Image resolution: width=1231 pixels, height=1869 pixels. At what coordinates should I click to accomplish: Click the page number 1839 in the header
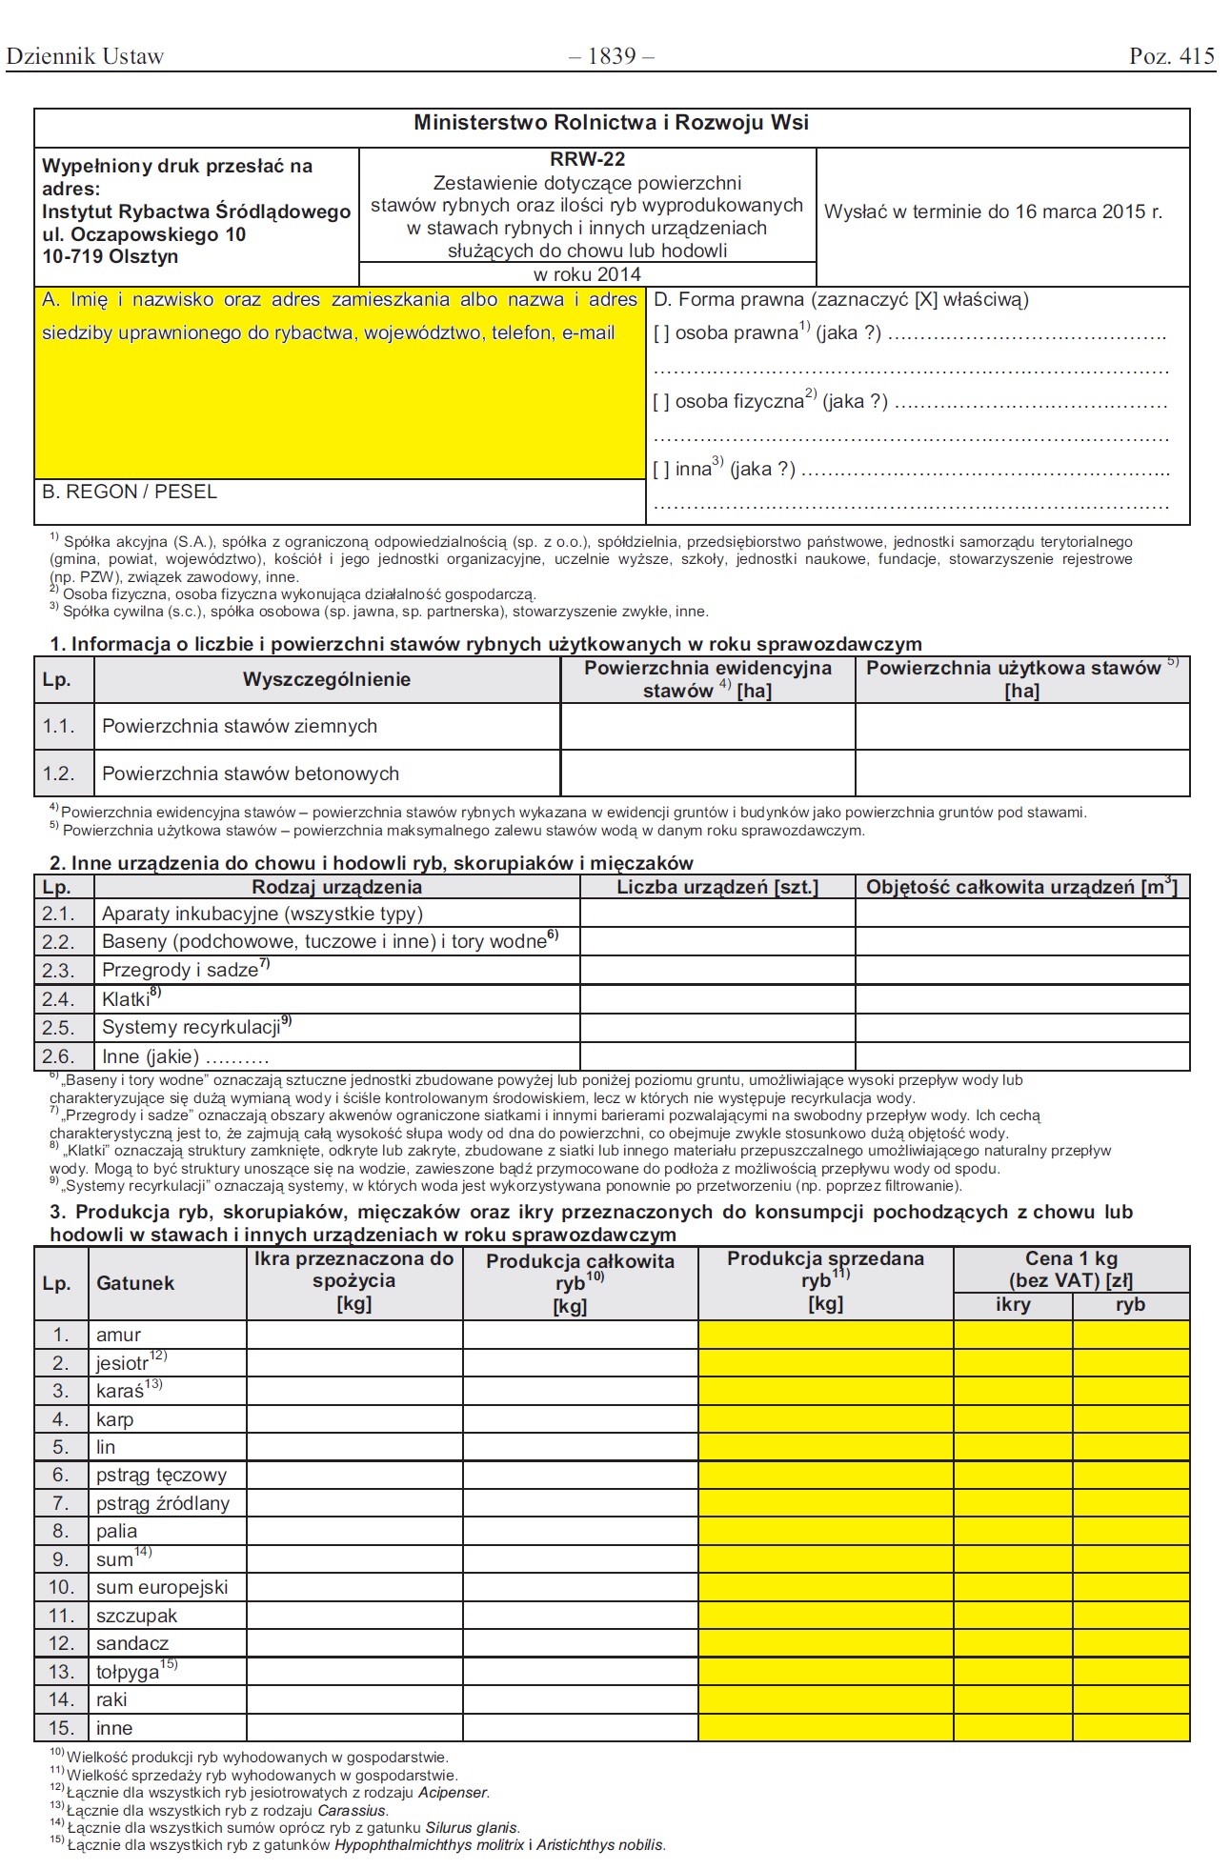(612, 56)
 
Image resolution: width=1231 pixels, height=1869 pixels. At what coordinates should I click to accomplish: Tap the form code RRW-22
(587, 159)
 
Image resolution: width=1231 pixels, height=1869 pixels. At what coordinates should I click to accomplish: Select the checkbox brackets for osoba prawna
(661, 333)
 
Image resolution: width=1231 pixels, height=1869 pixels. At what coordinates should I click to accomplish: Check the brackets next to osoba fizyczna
(661, 402)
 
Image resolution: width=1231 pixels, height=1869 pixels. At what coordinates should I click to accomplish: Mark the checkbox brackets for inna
(661, 470)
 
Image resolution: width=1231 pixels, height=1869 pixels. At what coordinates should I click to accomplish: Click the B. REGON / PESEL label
(130, 492)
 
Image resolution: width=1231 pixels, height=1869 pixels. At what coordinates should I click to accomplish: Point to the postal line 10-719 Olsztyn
(110, 256)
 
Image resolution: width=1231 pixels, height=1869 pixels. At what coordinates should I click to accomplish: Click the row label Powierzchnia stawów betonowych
(251, 774)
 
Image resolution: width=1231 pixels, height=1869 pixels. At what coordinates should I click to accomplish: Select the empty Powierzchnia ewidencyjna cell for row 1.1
(707, 727)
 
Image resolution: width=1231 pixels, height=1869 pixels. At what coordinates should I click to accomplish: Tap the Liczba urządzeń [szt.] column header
(717, 888)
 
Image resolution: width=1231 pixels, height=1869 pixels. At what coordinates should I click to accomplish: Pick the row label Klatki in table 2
(128, 999)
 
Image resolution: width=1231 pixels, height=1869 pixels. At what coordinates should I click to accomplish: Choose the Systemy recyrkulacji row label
(193, 1027)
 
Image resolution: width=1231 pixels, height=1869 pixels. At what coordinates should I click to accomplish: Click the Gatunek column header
(135, 1283)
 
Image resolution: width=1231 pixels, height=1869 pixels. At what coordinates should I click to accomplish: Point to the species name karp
(114, 1419)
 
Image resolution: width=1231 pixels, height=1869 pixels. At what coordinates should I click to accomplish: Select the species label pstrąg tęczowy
(161, 1476)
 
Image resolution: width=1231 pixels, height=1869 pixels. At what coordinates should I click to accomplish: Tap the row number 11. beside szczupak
(61, 1616)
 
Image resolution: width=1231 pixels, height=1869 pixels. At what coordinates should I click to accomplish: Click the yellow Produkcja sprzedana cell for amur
(825, 1335)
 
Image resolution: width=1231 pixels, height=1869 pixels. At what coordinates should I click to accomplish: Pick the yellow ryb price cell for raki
(1130, 1699)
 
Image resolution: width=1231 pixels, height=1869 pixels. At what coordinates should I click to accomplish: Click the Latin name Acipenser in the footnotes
(453, 1793)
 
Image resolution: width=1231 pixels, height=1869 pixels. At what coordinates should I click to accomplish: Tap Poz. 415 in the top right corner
(1172, 56)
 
